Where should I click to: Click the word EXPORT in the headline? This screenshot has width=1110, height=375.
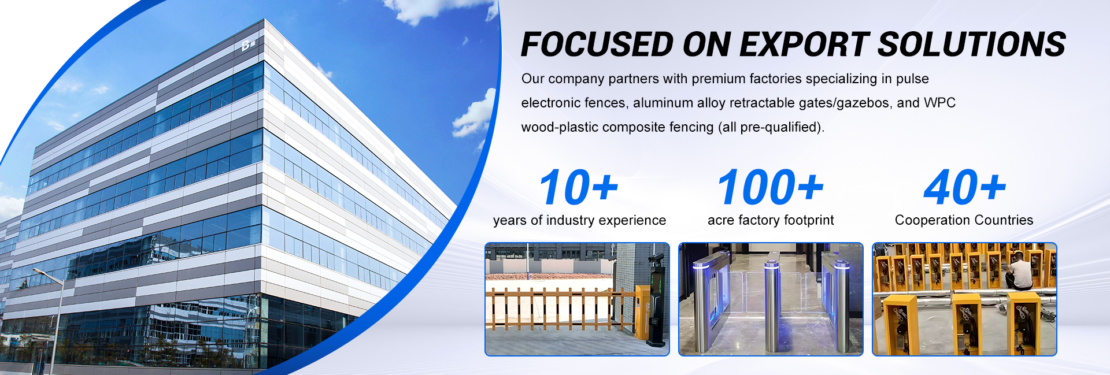(x=804, y=44)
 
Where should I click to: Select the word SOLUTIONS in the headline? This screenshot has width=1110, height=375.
(x=972, y=44)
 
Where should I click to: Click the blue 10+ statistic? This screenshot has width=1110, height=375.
(x=579, y=187)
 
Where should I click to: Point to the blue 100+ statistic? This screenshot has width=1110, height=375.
(x=771, y=187)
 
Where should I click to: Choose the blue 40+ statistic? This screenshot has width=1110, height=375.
(x=965, y=187)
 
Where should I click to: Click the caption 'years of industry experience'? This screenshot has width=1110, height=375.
(x=579, y=220)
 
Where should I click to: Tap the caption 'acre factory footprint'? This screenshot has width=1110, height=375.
(x=771, y=220)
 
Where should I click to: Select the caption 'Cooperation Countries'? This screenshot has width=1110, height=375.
(x=964, y=220)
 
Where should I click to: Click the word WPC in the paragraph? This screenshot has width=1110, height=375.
(x=939, y=103)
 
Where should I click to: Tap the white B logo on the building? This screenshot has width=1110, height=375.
(x=248, y=44)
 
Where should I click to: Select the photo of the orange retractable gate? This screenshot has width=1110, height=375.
(x=577, y=299)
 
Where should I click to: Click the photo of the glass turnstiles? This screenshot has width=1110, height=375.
(x=771, y=299)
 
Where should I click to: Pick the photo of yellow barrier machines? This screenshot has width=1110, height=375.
(x=964, y=299)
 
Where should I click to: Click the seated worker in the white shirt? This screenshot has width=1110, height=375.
(x=1019, y=270)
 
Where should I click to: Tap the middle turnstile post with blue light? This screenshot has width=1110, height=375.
(x=772, y=306)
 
